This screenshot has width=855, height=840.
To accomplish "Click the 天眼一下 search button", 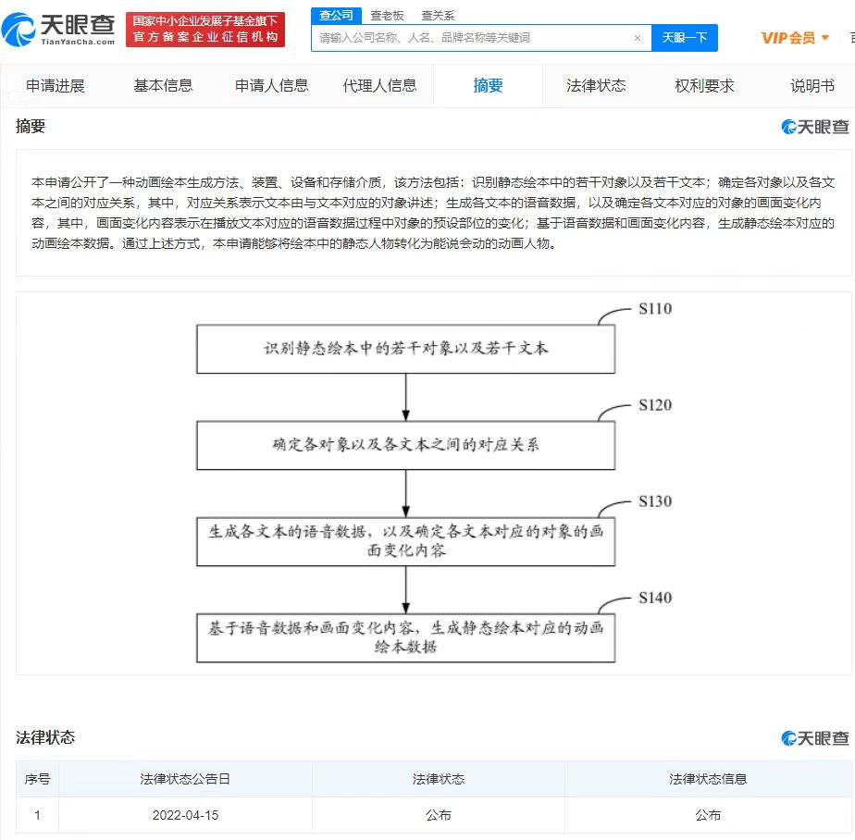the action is (685, 38).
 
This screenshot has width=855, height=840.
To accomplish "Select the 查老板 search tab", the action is (387, 16).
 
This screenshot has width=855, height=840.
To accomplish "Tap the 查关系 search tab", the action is (438, 16).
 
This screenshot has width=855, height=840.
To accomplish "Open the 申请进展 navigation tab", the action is (56, 86).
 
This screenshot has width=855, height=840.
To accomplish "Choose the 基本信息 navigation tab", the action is (163, 86).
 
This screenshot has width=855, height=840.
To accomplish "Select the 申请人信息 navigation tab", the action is (271, 86).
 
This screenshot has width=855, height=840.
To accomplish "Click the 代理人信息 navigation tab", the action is (379, 86).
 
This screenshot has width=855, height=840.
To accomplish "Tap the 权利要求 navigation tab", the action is (704, 86).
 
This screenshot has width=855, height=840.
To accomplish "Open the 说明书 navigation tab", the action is (812, 86).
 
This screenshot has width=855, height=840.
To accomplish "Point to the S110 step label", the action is (655, 309).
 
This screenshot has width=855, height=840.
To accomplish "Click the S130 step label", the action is (655, 501).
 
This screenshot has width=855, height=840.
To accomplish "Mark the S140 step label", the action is (655, 598).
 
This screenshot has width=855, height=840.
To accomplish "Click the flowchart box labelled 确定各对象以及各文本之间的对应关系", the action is (405, 445).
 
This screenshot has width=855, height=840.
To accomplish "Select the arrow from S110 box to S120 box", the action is (405, 397).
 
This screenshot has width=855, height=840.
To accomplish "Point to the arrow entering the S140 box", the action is (405, 589).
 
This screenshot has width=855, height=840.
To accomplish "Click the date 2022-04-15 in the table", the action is (185, 815).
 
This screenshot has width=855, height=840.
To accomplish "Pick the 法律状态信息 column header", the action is (708, 779).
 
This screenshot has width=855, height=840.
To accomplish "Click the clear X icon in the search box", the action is (638, 38).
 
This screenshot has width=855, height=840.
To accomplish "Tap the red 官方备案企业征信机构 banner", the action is (205, 30).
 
